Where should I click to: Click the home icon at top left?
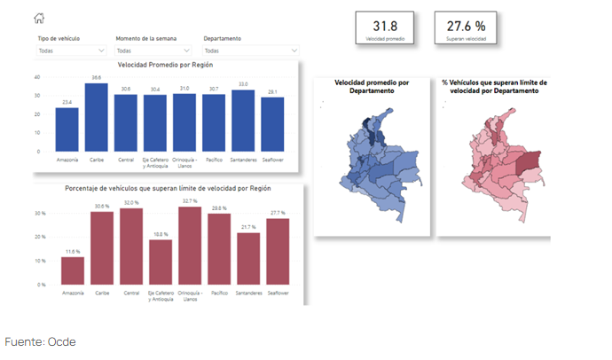pyautogui.click(x=38, y=19)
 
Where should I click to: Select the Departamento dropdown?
pyautogui.click(x=239, y=51)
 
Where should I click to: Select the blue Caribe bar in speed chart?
pyautogui.click(x=96, y=117)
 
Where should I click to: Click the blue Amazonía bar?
pyautogui.click(x=67, y=129)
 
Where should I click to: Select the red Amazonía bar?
pyautogui.click(x=73, y=270)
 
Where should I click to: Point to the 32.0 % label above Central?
pyautogui.click(x=131, y=203)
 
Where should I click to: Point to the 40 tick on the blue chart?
pyautogui.click(x=37, y=76)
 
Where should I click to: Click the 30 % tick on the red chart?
pyautogui.click(x=40, y=214)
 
